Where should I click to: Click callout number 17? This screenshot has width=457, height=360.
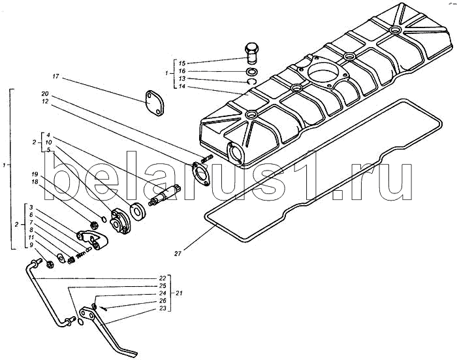[x=55, y=76]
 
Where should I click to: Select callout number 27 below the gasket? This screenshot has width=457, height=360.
[x=178, y=254]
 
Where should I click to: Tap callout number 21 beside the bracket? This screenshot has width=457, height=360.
[x=179, y=293]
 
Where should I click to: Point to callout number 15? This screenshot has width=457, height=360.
[x=182, y=63]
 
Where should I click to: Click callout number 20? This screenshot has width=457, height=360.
[x=45, y=94]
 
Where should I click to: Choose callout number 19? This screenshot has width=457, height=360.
[x=35, y=174]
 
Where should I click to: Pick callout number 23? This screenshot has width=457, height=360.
[x=163, y=308]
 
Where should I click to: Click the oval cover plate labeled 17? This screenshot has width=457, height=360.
[x=154, y=104]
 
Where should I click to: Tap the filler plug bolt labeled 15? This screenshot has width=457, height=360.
[x=251, y=53]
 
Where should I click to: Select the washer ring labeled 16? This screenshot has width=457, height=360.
[x=251, y=71]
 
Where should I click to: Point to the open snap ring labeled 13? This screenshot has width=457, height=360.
[x=251, y=82]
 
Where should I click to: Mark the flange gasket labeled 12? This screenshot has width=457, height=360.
[x=200, y=174]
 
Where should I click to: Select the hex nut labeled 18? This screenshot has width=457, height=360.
[x=94, y=225]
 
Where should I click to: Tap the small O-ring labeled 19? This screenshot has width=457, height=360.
[x=103, y=218]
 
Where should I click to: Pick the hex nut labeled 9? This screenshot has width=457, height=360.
[x=50, y=265]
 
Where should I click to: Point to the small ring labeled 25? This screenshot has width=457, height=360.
[x=82, y=322]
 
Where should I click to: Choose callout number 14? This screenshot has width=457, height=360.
[x=182, y=86]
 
